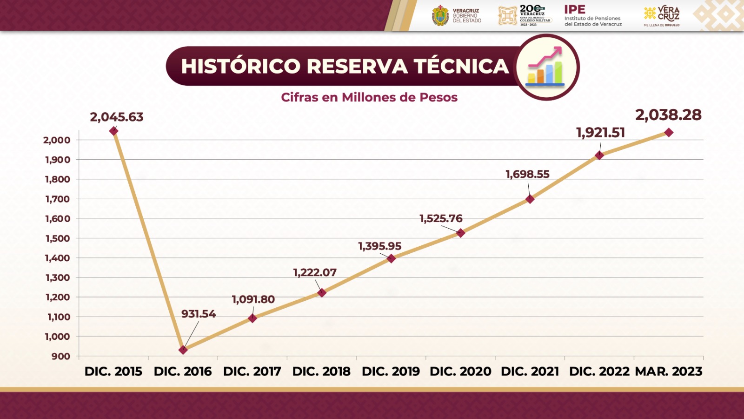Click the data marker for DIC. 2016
coord(183,350)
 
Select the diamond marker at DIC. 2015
coord(113,131)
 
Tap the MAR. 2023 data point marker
coord(669,133)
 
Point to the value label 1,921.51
coord(600,133)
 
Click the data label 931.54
coord(199,314)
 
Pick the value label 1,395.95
coord(379,246)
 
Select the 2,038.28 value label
coord(668,115)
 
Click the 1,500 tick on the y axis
coord(58,238)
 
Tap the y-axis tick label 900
coord(61,356)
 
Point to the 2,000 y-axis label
coord(57,140)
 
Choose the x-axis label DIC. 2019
coord(391,372)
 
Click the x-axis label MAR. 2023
coord(669,372)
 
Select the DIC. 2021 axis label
coord(530,372)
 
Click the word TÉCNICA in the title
coord(462,66)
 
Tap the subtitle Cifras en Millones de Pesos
coord(369,97)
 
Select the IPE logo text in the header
coord(575,10)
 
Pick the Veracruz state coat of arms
coord(440,15)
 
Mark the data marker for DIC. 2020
coord(460,233)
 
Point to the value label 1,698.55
coord(527,174)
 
